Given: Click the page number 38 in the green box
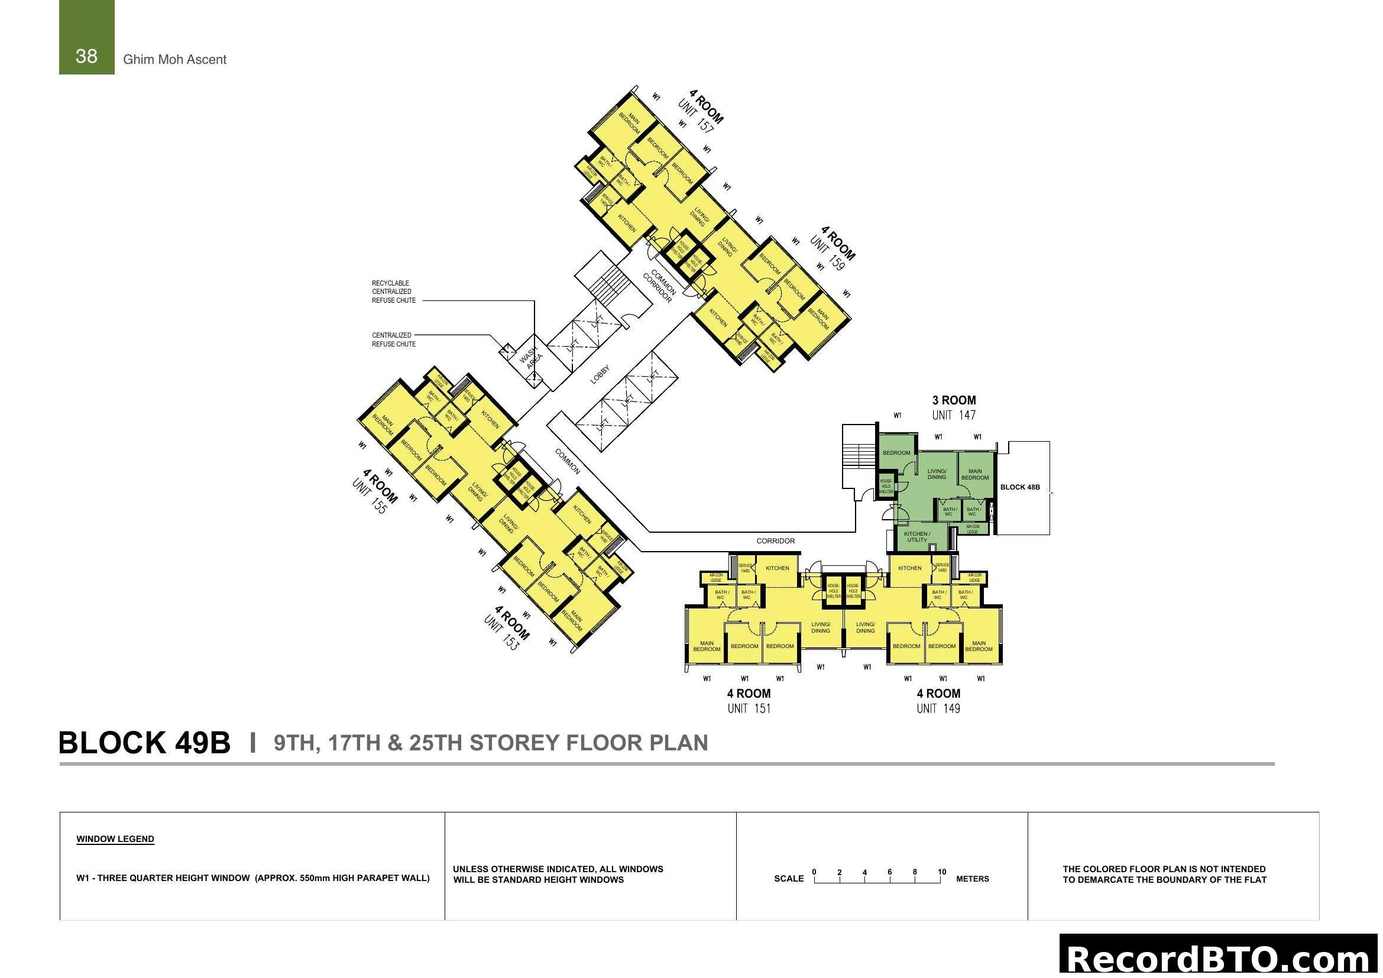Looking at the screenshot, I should point(86,56).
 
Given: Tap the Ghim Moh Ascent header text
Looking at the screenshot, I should point(174,60).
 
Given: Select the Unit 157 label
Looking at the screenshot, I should point(697,116).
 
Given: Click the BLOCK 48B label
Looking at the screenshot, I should point(1020,487).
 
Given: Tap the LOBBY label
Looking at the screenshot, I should point(600,374).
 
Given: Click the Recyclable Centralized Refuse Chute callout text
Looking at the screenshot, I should point(393,292).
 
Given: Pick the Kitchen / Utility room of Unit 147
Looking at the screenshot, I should point(917,536).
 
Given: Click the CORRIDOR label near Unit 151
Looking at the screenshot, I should point(775,541).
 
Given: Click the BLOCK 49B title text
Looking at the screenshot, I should point(144,743).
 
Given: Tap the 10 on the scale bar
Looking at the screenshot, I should point(941,872).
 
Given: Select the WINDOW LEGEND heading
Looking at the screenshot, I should point(115,839).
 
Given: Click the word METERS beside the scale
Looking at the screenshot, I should point(972,879).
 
